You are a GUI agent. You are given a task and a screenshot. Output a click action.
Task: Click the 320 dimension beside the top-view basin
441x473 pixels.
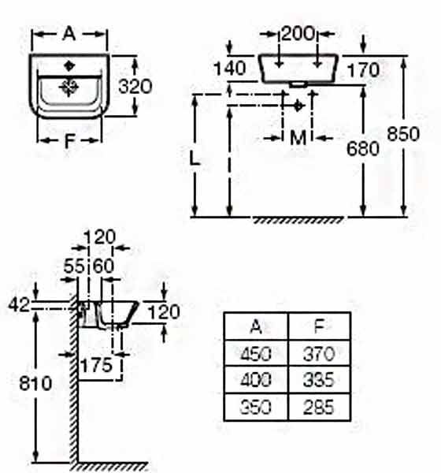pyautogui.click(x=135, y=87)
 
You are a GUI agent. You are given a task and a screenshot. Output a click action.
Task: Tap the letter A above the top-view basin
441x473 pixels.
pyautogui.click(x=69, y=33)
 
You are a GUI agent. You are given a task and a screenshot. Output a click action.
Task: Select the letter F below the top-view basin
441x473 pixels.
pyautogui.click(x=69, y=140)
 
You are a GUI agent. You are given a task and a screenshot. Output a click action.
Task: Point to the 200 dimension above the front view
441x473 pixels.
pyautogui.click(x=298, y=33)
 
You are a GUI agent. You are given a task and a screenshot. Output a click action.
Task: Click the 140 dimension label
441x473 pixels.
pyautogui.click(x=230, y=69)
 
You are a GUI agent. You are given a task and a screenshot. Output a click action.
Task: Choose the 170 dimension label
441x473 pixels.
pyautogui.click(x=363, y=70)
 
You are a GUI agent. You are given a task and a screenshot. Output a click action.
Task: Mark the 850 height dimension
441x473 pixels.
pyautogui.click(x=403, y=134)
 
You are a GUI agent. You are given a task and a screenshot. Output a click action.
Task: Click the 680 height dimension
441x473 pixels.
pyautogui.click(x=363, y=148)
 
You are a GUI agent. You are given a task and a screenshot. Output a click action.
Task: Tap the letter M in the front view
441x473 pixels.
pyautogui.click(x=298, y=138)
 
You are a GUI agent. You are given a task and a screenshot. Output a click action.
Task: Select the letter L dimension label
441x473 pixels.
pyautogui.click(x=195, y=158)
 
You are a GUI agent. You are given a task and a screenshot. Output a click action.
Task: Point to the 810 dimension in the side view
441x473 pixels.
pyautogui.click(x=35, y=384)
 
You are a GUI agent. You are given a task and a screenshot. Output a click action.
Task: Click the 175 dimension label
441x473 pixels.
pyautogui.click(x=96, y=365)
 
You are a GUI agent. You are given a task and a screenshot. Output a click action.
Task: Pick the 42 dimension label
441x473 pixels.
pyautogui.click(x=19, y=304)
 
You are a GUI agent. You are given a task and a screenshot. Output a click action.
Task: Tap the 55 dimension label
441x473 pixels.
pyautogui.click(x=74, y=266)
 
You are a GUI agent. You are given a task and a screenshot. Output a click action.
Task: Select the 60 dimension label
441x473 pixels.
pyautogui.click(x=103, y=266)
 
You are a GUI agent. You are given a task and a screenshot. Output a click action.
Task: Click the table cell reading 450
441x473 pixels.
pyautogui.click(x=256, y=353)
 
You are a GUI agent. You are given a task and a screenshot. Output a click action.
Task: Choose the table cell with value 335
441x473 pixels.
pyautogui.click(x=319, y=379)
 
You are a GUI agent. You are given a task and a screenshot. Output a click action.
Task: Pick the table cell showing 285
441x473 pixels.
pyautogui.click(x=319, y=407)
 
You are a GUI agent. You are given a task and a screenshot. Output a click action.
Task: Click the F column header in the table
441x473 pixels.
pyautogui.click(x=319, y=326)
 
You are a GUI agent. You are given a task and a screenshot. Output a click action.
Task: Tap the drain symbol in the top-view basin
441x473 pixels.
pyautogui.click(x=69, y=88)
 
